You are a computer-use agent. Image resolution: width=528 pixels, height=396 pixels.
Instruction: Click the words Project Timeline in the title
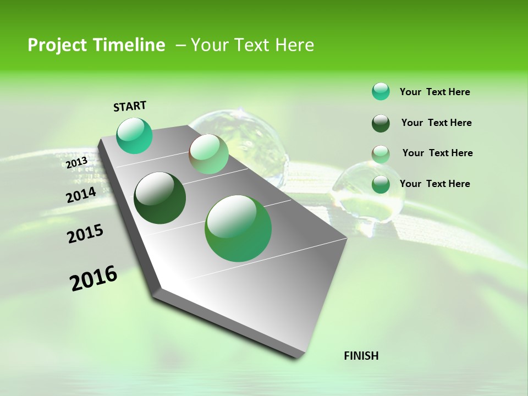[96, 45]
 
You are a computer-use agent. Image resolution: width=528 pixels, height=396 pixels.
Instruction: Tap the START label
[130, 106]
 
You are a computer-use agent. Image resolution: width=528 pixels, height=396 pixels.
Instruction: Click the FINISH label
[361, 356]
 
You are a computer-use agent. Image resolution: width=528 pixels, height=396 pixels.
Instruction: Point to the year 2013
[76, 163]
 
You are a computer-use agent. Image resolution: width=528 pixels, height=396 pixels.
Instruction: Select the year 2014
[81, 195]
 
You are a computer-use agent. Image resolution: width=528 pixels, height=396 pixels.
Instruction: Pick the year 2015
[85, 234]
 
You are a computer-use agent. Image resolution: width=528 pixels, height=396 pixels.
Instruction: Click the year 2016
[94, 278]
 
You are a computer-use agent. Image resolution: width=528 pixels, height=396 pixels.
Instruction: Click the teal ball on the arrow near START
[135, 136]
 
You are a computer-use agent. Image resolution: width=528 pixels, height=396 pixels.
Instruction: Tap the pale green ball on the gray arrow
[208, 154]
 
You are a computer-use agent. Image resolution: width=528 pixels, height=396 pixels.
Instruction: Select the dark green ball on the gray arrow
[160, 198]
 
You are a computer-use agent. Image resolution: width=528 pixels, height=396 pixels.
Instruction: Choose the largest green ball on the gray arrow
[238, 228]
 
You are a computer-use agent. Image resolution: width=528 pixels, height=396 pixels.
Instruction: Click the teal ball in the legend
[381, 91]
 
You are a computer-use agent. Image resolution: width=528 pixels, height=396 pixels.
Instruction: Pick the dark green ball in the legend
[381, 123]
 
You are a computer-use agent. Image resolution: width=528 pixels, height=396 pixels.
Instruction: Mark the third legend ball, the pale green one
[381, 154]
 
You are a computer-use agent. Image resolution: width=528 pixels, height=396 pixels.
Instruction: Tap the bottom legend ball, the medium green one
[381, 184]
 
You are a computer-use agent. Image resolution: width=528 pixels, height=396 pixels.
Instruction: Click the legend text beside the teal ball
[435, 92]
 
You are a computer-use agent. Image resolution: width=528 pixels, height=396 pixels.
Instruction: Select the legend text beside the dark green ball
[436, 123]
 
